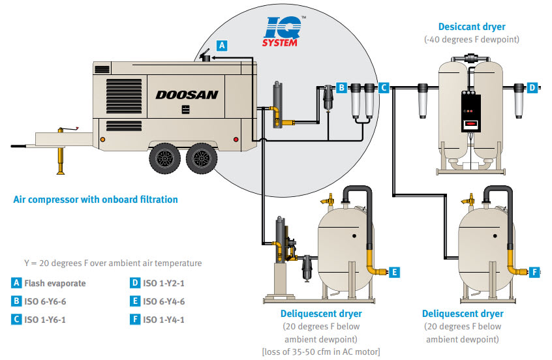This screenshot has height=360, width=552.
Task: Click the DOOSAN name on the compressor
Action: pos(187,95)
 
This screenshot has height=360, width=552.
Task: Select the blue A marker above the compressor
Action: pos(222,46)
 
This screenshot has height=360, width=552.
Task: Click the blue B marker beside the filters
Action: pos(341,86)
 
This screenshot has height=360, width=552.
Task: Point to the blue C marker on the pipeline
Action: pos(384,86)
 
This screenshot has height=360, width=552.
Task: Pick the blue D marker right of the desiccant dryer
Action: pos(532,87)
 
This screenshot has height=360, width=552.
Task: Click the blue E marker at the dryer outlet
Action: pos(395,273)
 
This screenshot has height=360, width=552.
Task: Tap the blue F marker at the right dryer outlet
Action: pos(536,272)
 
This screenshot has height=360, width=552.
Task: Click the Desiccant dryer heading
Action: pos(472,27)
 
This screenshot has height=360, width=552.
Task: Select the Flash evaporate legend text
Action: pos(55,283)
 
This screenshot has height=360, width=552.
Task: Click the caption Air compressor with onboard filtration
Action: pos(95,200)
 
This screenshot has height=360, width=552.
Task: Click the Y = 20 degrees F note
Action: pos(113,263)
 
